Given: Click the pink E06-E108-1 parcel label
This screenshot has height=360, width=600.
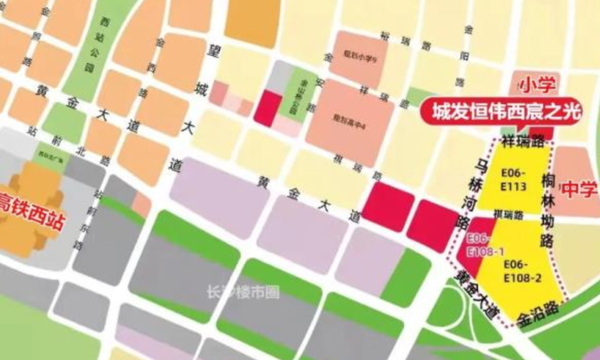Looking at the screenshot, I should (479, 245).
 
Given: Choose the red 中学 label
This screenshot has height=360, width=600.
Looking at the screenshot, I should (579, 190).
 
